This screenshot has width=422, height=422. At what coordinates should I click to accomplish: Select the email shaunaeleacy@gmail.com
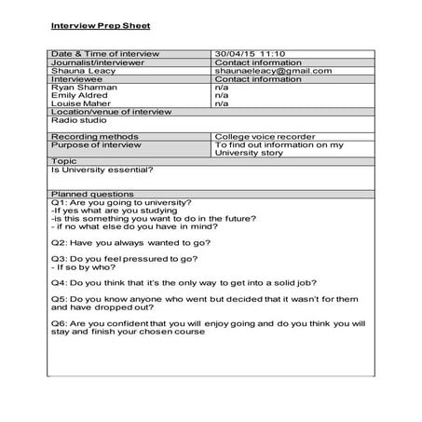tap(269, 71)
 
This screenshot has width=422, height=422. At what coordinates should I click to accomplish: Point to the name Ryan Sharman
tap(84, 87)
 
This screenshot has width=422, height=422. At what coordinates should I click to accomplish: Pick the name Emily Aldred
tap(79, 95)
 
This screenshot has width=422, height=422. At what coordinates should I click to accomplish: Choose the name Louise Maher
tap(81, 103)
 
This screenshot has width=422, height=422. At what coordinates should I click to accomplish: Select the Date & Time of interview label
tap(105, 54)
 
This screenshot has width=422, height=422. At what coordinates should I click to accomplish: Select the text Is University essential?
tap(102, 169)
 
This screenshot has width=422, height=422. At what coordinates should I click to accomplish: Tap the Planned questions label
tap(94, 194)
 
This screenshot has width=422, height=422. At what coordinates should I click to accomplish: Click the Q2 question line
tap(128, 240)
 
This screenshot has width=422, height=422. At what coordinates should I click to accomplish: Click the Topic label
tap(64, 160)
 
